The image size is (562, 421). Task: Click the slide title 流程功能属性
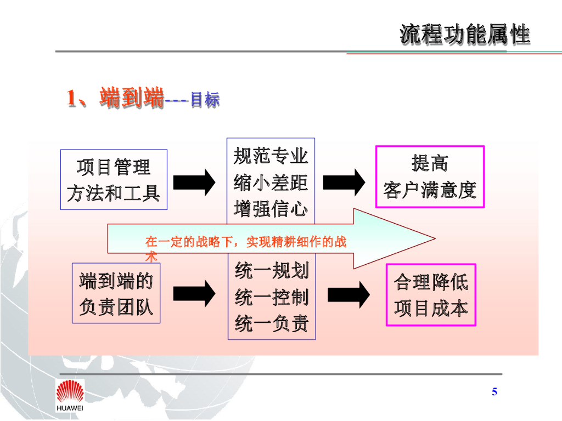coord(465,34)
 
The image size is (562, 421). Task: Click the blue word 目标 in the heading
coord(205,100)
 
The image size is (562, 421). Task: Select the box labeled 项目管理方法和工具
coord(114,180)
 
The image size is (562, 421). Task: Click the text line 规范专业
coord(271,156)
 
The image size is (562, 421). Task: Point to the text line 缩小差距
coord(271,182)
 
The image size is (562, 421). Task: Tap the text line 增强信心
coord(271,208)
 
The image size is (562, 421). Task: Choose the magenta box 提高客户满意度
coord(430,177)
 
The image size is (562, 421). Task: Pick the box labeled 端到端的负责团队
coord(116,293)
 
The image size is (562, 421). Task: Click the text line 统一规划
coord(272,271)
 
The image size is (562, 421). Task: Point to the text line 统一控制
coord(272,298)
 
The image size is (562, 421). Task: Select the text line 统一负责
coord(272,324)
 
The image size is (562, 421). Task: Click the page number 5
coord(494,391)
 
